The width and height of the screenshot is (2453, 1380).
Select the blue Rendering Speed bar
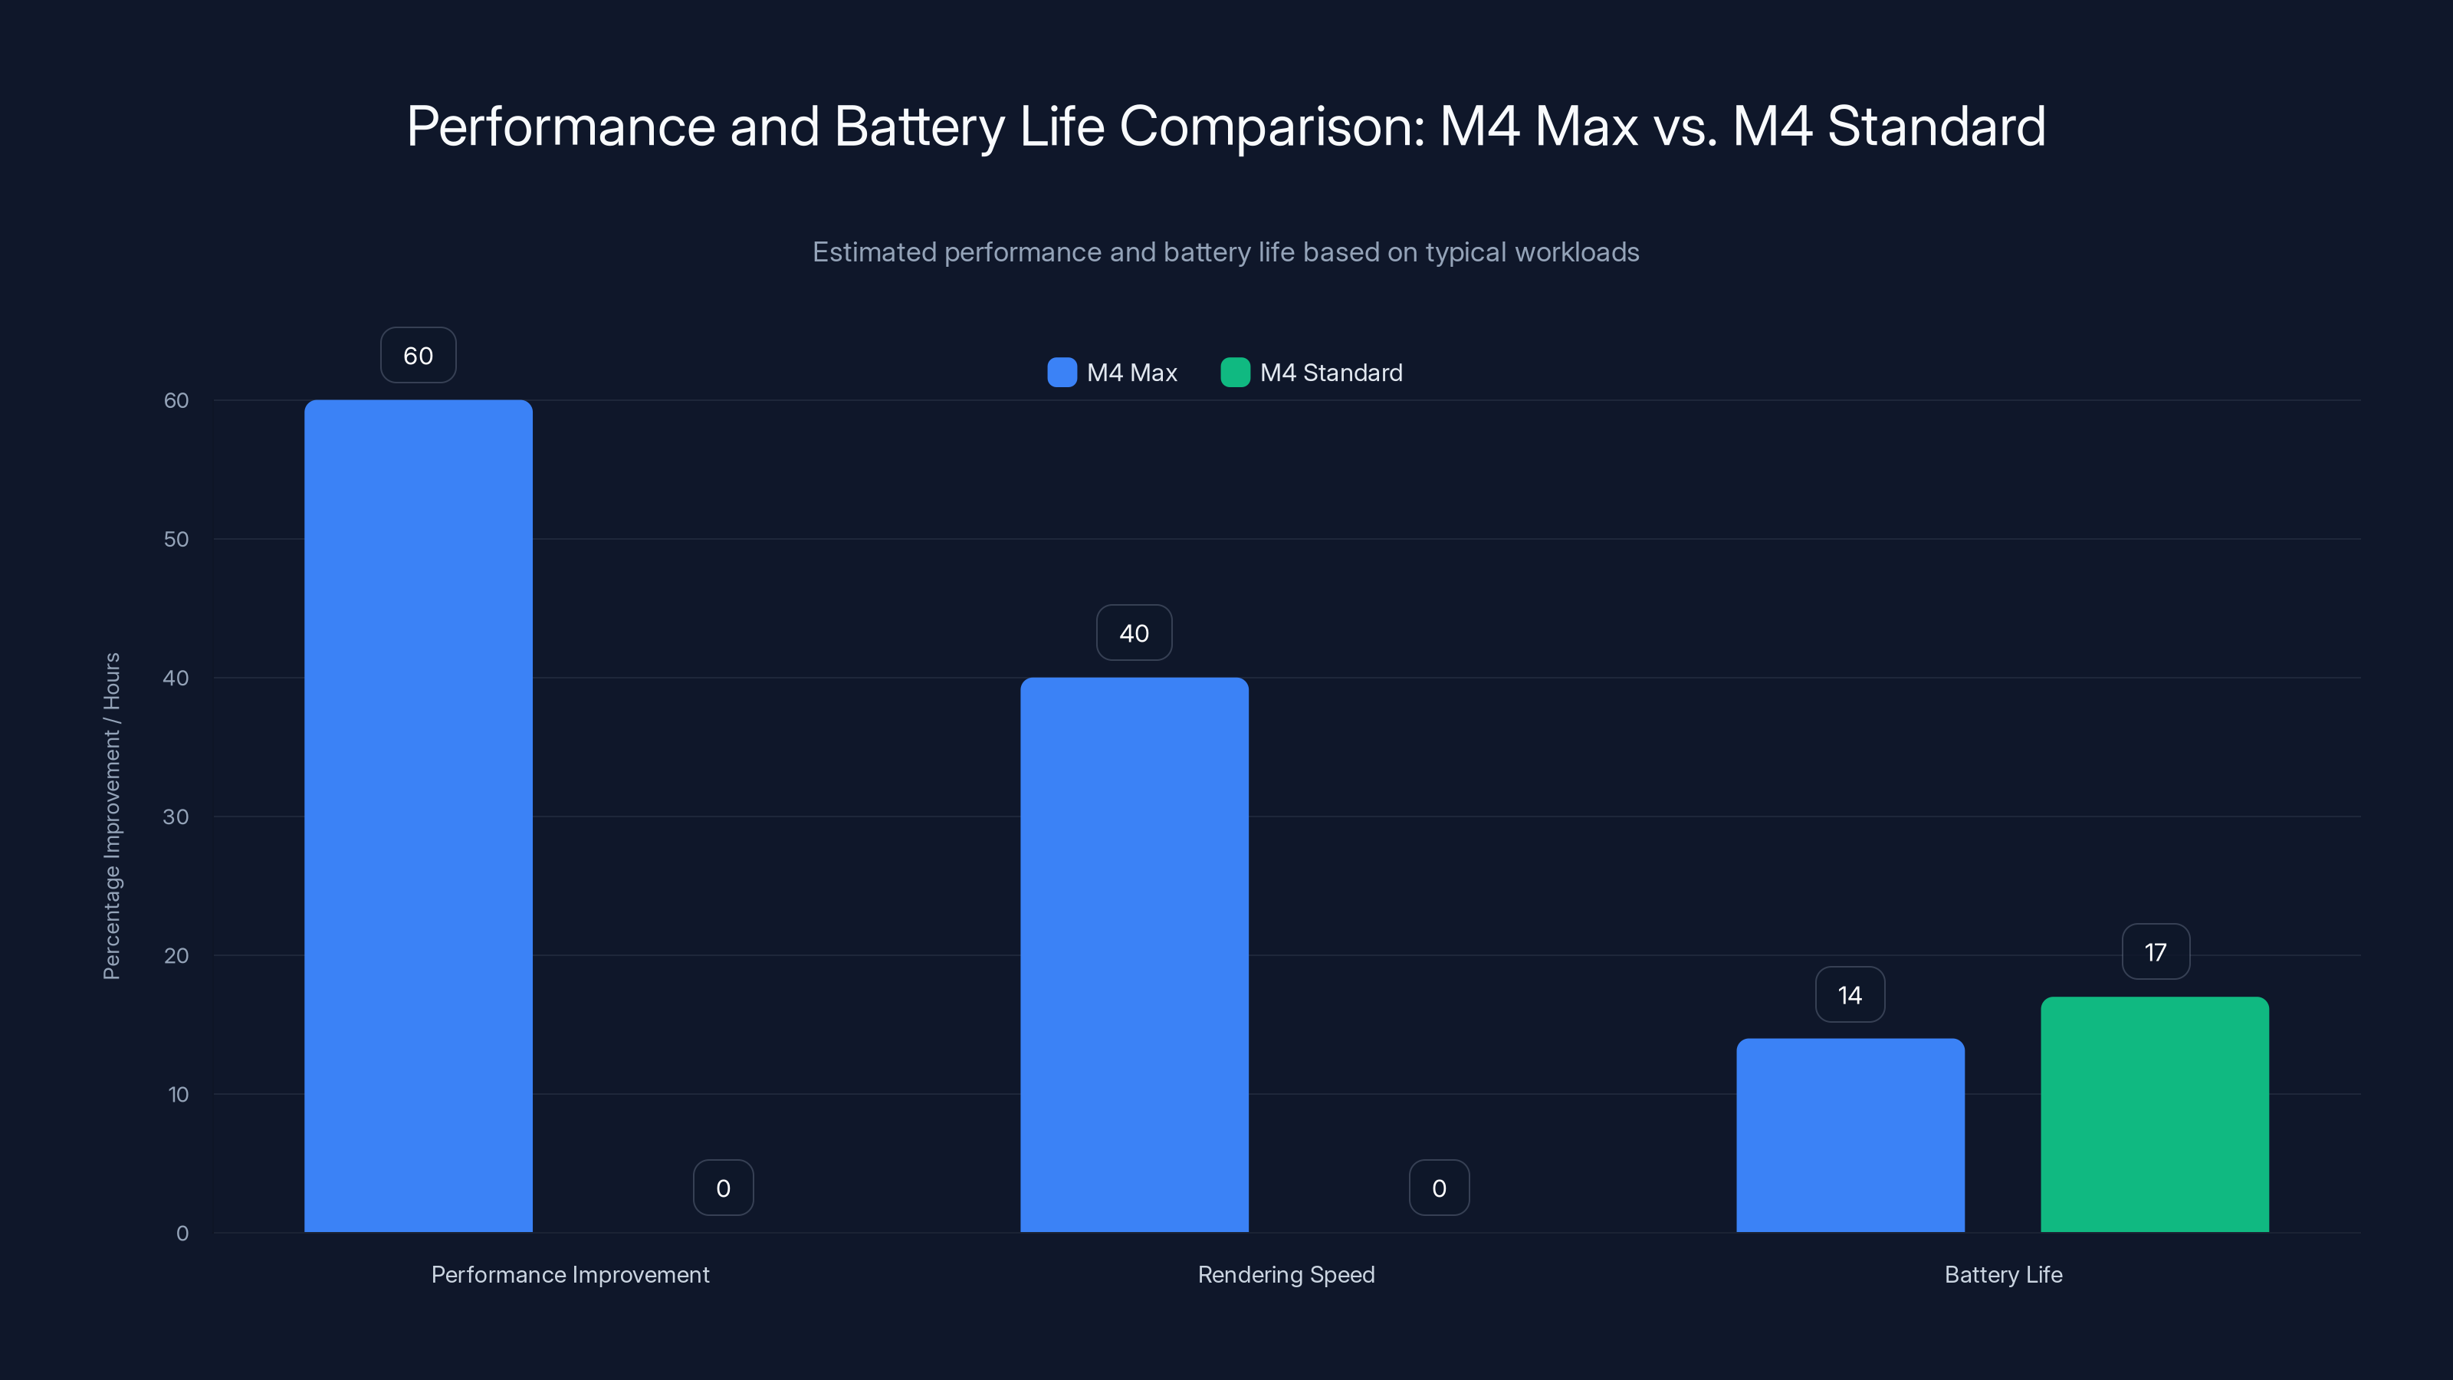pyautogui.click(x=1135, y=955)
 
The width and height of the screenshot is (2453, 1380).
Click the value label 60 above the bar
pyautogui.click(x=418, y=355)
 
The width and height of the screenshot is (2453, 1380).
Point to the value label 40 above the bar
pyautogui.click(x=1135, y=633)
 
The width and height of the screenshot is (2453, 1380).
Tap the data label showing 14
pyautogui.click(x=1849, y=995)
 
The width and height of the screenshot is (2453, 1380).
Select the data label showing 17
pyautogui.click(x=2155, y=952)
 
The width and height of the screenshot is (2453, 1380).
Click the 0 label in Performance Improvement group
pyautogui.click(x=723, y=1188)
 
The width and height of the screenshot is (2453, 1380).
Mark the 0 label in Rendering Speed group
pyautogui.click(x=1439, y=1188)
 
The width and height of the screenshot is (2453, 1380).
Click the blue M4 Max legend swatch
pyautogui.click(x=1062, y=373)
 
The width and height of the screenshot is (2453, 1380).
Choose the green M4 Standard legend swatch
pyautogui.click(x=1235, y=373)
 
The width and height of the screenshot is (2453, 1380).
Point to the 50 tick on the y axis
pyautogui.click(x=176, y=539)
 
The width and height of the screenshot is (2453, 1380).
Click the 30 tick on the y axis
pyautogui.click(x=176, y=817)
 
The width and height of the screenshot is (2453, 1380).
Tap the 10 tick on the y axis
pyautogui.click(x=178, y=1094)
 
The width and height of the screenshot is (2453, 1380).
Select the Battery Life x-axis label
pyautogui.click(x=2002, y=1274)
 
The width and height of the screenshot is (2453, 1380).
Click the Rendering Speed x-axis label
pyautogui.click(x=1286, y=1274)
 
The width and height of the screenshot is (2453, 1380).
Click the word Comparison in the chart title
pyautogui.click(x=1271, y=127)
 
